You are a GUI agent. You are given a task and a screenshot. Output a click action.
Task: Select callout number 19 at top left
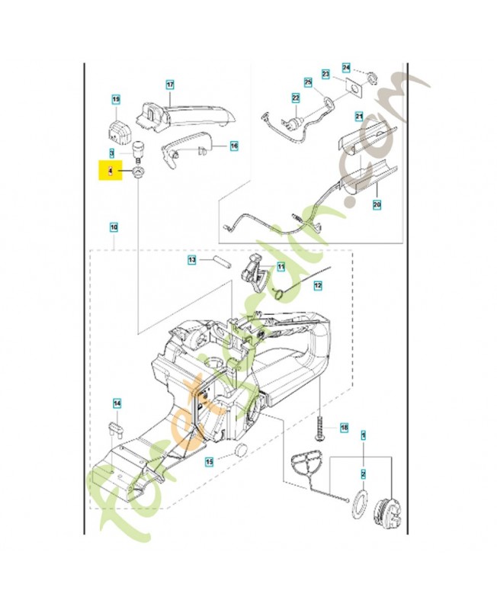[116, 100]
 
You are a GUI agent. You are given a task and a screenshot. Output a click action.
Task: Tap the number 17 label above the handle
[170, 85]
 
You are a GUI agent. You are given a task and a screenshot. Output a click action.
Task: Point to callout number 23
[325, 75]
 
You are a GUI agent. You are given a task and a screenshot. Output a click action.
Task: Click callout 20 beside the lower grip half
[376, 204]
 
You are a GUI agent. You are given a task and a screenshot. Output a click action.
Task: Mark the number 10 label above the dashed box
[114, 227]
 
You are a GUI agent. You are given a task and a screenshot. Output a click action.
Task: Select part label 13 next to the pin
[193, 260]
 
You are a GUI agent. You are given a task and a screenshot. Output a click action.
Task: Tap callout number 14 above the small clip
[117, 403]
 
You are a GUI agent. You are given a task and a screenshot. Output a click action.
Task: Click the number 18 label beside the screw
[344, 429]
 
